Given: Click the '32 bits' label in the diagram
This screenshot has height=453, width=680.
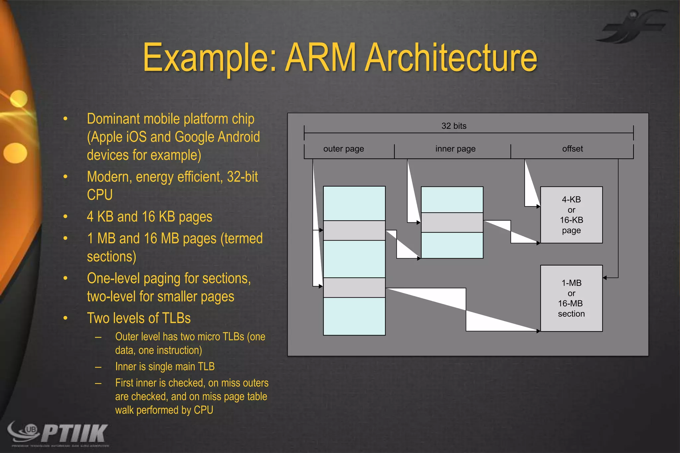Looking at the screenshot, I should click(x=454, y=126).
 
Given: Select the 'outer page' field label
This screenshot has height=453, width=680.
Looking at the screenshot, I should click(x=343, y=149).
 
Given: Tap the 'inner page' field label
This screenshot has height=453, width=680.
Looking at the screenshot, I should click(x=455, y=149).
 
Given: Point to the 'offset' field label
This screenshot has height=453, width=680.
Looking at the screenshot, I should click(x=572, y=149).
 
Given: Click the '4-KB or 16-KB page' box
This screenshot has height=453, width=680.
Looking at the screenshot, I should click(x=571, y=215).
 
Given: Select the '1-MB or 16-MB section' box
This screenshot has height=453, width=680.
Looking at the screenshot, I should click(x=571, y=298).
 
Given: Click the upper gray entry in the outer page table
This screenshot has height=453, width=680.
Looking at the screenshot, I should click(x=354, y=230).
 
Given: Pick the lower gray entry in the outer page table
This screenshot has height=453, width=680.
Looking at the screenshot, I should click(x=354, y=287).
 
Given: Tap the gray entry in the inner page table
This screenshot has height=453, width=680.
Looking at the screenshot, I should click(x=452, y=222).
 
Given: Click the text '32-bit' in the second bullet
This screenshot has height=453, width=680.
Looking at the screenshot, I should click(x=242, y=177).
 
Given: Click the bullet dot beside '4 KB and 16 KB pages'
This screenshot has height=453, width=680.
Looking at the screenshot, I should click(x=65, y=217).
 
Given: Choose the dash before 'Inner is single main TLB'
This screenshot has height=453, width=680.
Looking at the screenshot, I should click(x=98, y=367).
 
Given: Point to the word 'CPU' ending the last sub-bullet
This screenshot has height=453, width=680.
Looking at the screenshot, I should click(x=203, y=410).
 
